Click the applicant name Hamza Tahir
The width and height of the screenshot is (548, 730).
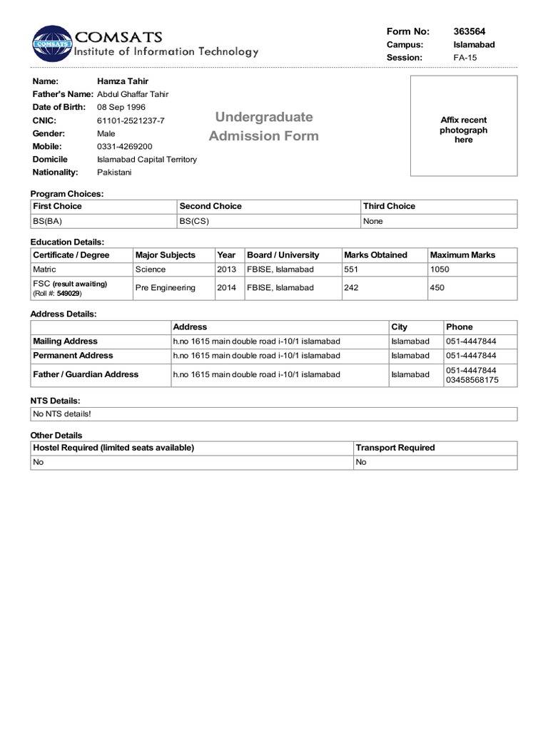[123, 81]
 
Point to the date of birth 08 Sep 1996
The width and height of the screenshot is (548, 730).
[121, 107]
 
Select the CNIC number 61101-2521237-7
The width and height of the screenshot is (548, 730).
[131, 120]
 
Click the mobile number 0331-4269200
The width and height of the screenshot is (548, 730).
[124, 146]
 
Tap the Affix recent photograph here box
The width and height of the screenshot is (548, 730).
[463, 130]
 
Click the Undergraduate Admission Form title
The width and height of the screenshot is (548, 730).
[264, 126]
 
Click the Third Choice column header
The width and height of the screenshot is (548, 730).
[389, 206]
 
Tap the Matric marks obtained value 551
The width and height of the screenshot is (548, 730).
[351, 269]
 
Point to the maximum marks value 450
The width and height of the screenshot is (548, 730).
[437, 288]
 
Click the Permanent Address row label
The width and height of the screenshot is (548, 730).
[73, 355]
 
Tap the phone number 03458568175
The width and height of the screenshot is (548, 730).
[472, 380]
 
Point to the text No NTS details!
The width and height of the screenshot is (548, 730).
[62, 413]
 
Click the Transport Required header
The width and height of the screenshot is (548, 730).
[395, 448]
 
